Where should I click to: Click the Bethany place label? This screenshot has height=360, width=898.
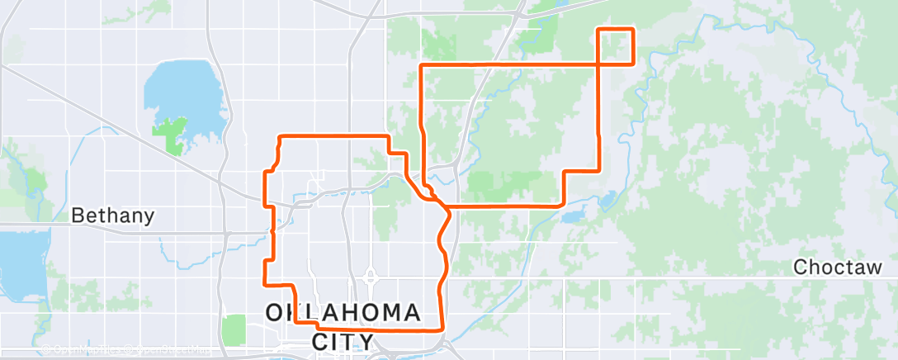pos(113,216)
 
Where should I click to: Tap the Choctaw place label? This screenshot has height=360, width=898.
pos(839,268)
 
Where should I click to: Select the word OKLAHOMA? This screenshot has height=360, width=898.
pos(343,314)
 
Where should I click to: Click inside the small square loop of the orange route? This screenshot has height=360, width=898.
pos(615,46)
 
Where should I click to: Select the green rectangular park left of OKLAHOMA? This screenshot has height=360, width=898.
pos(234,330)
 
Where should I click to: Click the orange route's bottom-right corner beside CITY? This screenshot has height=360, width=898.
pos(443,329)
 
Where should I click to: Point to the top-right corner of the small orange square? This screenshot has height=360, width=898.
pos(632,30)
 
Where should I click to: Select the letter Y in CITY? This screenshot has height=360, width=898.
pos(369,340)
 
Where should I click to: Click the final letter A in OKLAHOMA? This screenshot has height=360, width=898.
pos(412,314)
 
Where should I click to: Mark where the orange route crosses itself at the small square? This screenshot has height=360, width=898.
pos(598,64)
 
